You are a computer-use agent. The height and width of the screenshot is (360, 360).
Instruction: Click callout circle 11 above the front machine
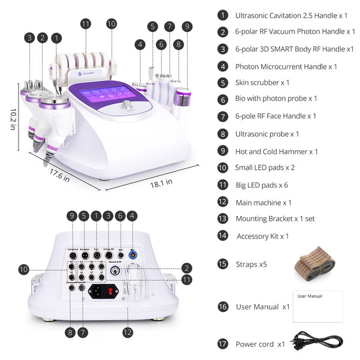pyautogui.click(x=86, y=24)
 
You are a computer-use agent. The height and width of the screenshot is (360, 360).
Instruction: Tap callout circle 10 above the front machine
pyautogui.click(x=111, y=24)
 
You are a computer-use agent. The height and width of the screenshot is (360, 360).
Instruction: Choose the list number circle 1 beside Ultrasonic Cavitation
pyautogui.click(x=223, y=15)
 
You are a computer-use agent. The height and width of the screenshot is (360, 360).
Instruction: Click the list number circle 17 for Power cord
pyautogui.click(x=223, y=344)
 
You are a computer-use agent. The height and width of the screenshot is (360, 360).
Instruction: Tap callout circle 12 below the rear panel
pyautogui.click(x=127, y=331)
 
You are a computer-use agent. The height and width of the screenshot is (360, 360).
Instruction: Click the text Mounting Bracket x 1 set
pyautogui.click(x=275, y=219)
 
